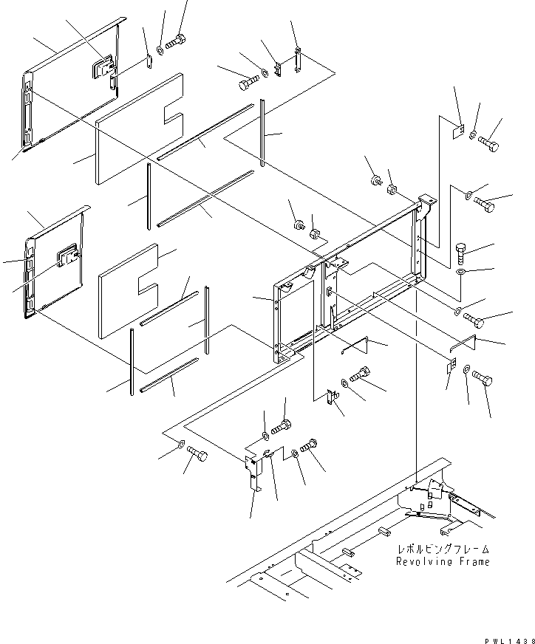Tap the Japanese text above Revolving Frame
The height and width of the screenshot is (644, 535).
pos(443,550)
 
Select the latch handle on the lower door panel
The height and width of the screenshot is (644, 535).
pos(69,255)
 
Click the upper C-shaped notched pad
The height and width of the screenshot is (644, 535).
pos(140,126)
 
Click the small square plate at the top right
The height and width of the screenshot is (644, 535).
pos(457,133)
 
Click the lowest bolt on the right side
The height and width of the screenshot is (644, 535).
pos(482,379)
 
